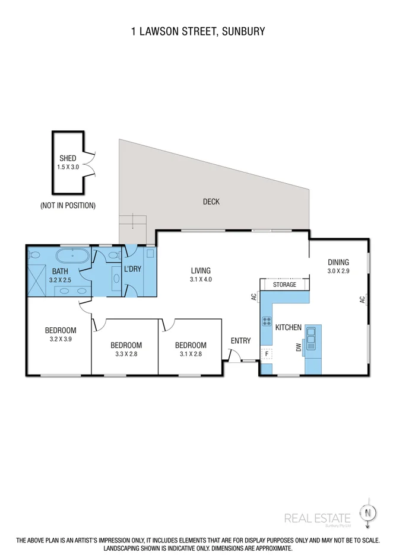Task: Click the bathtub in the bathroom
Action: tap(73, 257)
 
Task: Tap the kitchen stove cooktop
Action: tap(265, 322)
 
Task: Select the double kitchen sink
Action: tap(311, 341)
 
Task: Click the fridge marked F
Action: tap(267, 354)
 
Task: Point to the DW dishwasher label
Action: tap(299, 349)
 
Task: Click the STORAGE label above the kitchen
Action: tap(284, 285)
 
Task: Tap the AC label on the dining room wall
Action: tap(361, 300)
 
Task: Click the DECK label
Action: tap(211, 202)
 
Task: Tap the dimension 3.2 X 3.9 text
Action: tap(61, 340)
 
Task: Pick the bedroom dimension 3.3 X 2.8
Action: tap(126, 354)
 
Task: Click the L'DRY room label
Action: tap(132, 269)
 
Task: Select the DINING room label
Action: tap(338, 263)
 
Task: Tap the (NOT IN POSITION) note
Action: tap(68, 206)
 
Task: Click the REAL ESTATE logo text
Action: tap(317, 518)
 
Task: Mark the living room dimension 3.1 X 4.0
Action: tap(201, 279)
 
